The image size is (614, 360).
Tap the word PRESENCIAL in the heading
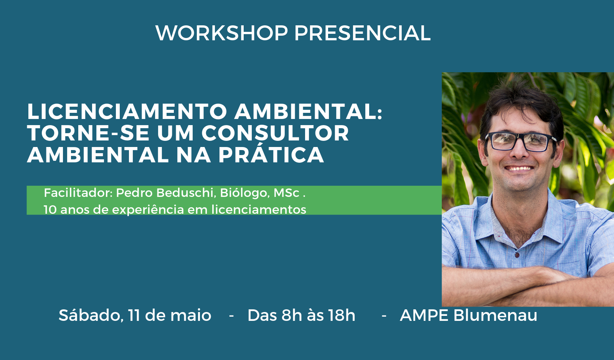coord(362,33)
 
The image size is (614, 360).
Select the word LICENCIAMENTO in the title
coord(127,112)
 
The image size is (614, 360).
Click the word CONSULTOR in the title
coord(275,133)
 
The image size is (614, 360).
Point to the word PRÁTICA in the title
coord(271,155)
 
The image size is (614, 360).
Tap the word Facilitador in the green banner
coord(78,193)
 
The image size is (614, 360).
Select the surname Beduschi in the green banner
coord(186,193)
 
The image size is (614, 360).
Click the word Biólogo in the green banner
coord(245,193)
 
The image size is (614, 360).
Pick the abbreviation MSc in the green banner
coord(286,193)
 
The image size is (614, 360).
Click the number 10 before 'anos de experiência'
coord(50,210)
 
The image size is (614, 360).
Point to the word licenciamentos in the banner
coord(259,210)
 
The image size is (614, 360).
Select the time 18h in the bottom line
coord(342,315)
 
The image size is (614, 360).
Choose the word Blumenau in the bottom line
coord(495,315)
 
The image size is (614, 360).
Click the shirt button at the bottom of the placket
coord(517,255)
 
